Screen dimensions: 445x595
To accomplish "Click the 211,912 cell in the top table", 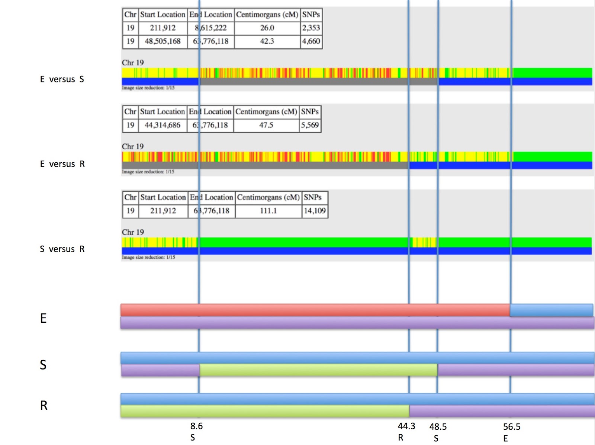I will coord(163,28).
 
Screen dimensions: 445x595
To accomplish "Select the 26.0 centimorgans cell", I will coord(267,28).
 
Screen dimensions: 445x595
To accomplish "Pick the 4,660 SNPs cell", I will coord(311,41).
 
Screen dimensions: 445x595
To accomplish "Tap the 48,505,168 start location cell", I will coord(163,41).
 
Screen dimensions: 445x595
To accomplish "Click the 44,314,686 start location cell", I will coord(163,125).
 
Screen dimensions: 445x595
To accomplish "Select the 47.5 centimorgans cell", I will coord(266,125).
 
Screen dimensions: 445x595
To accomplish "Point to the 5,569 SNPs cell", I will coord(310,125).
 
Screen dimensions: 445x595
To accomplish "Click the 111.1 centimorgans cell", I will coord(268,211).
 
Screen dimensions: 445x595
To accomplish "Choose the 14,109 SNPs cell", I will coord(315,211).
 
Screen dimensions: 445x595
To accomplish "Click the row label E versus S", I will coord(62,79).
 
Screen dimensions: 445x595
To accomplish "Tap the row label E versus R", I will coord(62,164).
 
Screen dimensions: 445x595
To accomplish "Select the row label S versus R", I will coord(62,249).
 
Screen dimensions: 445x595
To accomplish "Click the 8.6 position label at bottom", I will coord(196,426).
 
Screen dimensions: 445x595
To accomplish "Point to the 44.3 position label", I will coord(406,426).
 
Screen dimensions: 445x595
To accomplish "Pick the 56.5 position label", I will coord(512,427).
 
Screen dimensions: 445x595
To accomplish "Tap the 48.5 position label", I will coord(438,427).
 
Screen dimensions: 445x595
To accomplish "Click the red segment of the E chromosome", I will coord(315,310).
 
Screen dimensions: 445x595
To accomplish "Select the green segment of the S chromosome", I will coord(318,370).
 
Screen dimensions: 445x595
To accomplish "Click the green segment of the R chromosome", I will coord(265,411).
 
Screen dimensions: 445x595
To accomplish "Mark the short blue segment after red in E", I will coord(551,310).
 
